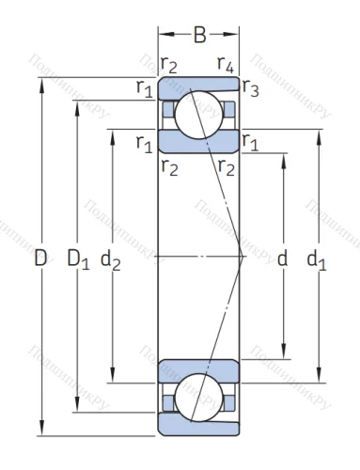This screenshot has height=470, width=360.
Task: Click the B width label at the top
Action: [x=199, y=37]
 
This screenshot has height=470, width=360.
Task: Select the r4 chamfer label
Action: [x=225, y=65]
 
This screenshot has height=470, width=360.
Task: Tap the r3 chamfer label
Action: [x=250, y=88]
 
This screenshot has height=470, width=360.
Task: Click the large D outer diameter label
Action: [x=40, y=257]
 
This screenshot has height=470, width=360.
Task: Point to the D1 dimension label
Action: [x=78, y=257]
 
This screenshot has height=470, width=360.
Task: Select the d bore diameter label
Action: [x=281, y=258]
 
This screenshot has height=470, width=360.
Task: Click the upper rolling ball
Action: [x=198, y=110]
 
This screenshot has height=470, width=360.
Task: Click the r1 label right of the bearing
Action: [x=250, y=142]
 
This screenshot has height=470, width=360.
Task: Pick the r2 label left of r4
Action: [x=169, y=65]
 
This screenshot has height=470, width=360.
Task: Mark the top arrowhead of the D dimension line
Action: [x=41, y=82]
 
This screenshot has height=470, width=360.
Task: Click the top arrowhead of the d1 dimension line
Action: [x=318, y=133]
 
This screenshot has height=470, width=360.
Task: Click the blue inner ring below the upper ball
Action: [x=198, y=142]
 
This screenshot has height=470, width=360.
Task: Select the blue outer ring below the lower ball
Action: [x=198, y=427]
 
